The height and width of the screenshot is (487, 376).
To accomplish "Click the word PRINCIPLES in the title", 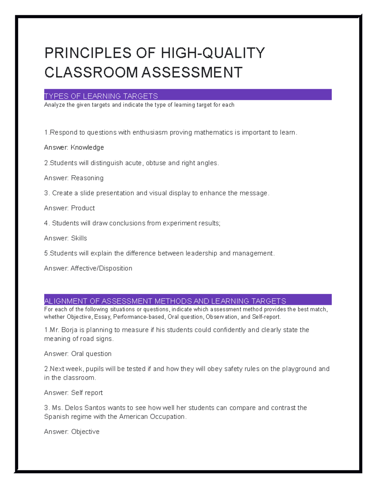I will tap(88, 53).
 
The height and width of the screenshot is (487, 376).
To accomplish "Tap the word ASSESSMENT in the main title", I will tap(192, 72).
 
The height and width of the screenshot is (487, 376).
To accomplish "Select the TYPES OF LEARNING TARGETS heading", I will tap(101, 96).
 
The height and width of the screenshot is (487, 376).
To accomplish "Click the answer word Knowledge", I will tap(87, 147).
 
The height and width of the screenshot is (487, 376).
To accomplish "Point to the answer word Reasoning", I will tap(87, 178).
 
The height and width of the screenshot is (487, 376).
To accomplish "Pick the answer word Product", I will tap(83, 208).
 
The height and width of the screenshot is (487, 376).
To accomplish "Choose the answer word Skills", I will tap(79, 238).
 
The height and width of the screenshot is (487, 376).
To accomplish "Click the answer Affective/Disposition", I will tap(101, 268).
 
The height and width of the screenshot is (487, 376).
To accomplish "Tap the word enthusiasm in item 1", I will tap(150, 132).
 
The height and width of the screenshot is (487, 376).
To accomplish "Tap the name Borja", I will tap(69, 330).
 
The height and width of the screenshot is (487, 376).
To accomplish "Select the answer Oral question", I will tap(91, 353).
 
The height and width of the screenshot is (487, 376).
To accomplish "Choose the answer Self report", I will tap(87, 393).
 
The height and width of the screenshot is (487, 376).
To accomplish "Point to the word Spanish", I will tap(56, 416).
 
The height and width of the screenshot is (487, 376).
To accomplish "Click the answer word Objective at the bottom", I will tap(85, 431).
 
